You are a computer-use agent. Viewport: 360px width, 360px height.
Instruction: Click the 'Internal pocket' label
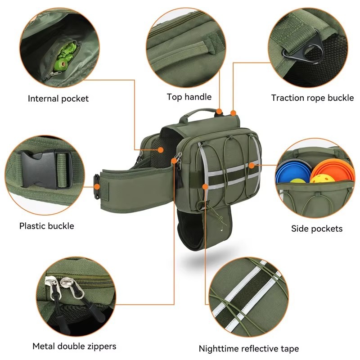[58, 99]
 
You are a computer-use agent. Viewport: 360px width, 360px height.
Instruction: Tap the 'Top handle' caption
[189, 97]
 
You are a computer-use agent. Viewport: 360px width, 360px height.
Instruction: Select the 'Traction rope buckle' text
[312, 98]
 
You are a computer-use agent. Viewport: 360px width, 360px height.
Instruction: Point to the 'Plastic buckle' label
[47, 226]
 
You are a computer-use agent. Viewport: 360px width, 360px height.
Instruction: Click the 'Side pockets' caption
[317, 229]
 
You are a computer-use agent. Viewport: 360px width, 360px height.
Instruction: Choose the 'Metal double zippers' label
[74, 346]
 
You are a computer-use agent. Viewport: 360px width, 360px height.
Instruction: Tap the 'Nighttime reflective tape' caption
[249, 348]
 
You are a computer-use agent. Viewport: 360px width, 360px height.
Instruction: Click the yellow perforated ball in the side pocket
[319, 179]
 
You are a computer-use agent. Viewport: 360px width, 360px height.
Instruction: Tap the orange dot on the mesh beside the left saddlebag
[161, 150]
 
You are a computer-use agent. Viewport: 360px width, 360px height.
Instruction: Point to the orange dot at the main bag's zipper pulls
[174, 161]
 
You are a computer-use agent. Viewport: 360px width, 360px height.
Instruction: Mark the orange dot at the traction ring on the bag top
[233, 113]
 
